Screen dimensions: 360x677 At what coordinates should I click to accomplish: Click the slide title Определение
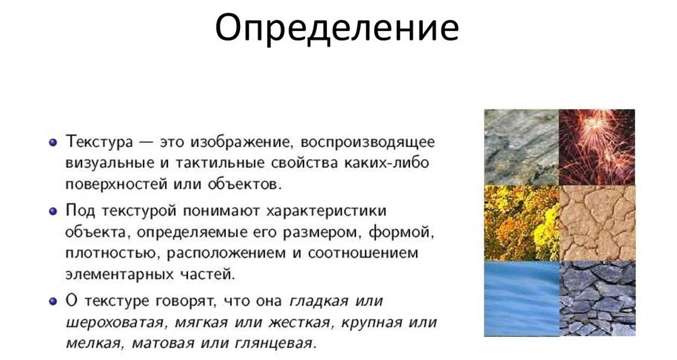coord(337,28)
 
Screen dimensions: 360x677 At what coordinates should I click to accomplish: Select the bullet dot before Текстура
coord(53,143)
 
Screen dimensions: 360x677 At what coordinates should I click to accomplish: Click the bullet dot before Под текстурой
coord(53,211)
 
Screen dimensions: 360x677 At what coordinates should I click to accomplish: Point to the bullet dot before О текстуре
coord(53,301)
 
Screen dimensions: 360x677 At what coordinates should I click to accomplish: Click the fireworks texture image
coord(597,147)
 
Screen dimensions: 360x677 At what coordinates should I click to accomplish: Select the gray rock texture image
coord(521,147)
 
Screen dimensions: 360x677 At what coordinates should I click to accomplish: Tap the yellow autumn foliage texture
coord(521,223)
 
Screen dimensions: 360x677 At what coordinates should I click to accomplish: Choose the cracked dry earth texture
coord(597,223)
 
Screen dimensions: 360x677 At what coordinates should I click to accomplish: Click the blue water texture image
coord(521,298)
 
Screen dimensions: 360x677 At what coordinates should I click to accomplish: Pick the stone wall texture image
coord(597,298)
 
